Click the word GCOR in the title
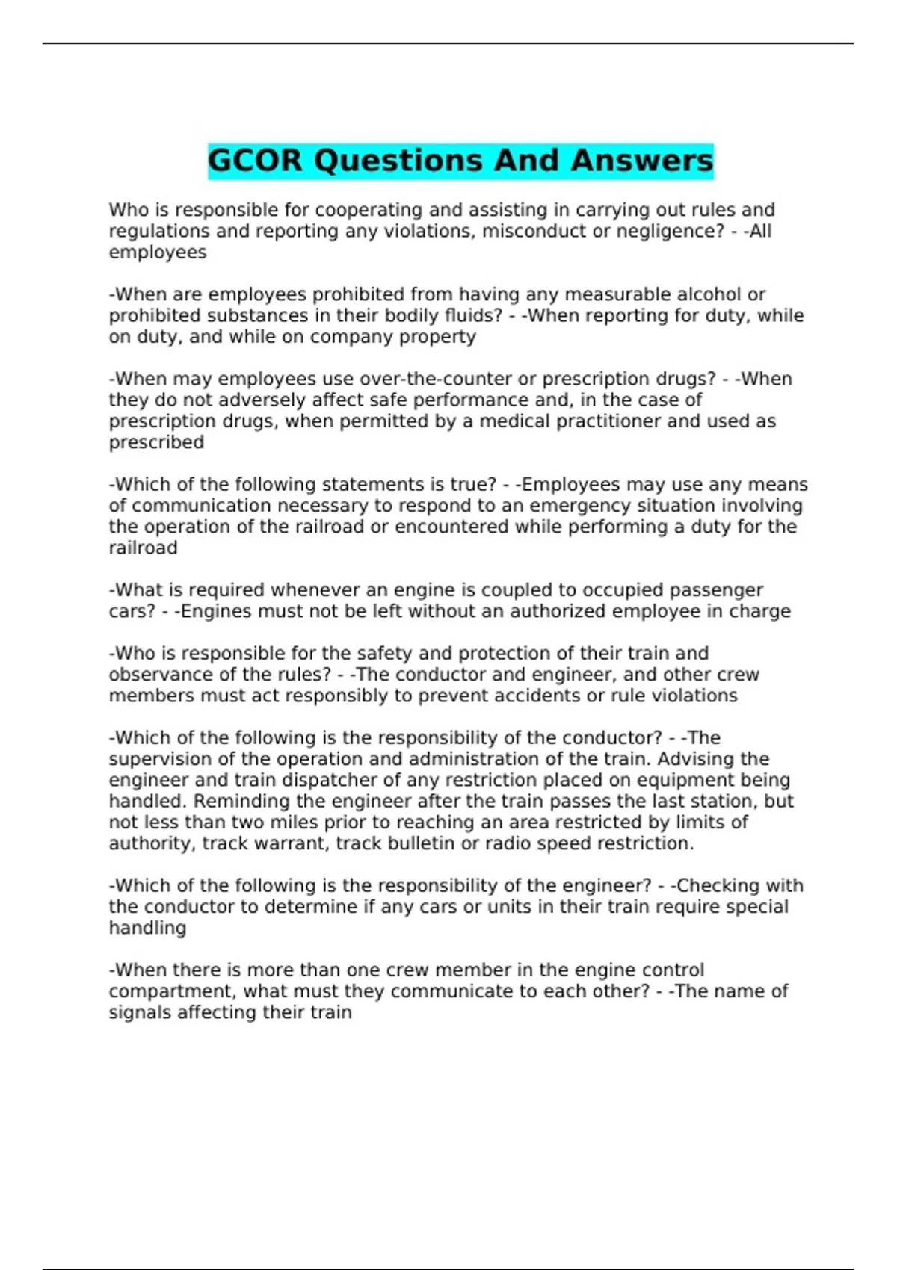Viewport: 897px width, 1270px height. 255,161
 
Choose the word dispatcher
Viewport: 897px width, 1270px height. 296,780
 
